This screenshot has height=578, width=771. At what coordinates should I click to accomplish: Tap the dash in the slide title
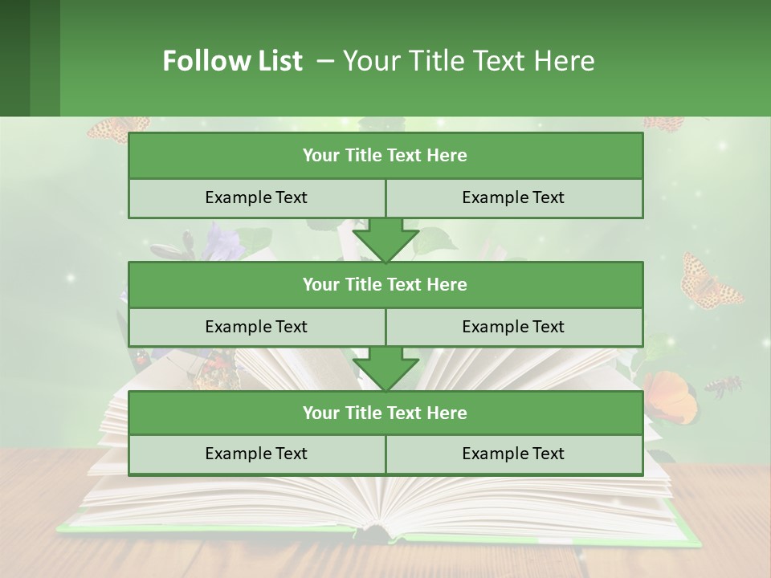coord(326,61)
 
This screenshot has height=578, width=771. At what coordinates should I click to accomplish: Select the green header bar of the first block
coord(385,156)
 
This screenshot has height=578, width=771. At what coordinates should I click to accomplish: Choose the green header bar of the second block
coord(385,284)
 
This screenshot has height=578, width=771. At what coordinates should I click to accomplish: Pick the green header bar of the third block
coord(385,413)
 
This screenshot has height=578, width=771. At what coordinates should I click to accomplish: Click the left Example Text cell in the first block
coord(257,198)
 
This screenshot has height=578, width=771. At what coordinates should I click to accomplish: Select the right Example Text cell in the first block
coord(514,198)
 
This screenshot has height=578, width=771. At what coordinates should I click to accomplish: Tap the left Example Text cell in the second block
coord(257,327)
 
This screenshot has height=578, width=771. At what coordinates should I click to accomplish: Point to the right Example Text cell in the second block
coord(514,327)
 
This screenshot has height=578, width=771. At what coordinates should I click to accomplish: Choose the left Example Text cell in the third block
coord(257,454)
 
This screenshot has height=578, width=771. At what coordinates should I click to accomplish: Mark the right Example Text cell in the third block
coord(514,454)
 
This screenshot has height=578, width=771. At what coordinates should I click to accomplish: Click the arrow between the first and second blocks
coord(385,240)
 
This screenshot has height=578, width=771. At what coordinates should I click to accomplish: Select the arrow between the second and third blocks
coord(385,368)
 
